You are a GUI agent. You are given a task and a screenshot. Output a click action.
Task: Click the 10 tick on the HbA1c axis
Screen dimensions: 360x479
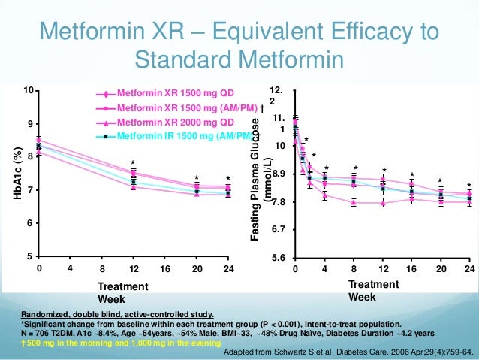29,90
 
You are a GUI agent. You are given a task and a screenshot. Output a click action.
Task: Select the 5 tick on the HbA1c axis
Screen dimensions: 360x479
31,257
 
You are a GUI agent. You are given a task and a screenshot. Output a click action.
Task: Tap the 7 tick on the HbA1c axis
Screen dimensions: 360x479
31,190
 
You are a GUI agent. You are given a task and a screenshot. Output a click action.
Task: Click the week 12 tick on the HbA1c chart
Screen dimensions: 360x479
132,268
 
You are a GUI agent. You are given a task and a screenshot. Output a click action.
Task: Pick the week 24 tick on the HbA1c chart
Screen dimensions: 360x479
228,268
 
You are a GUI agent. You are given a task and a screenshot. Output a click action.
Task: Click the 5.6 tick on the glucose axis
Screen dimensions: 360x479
279,258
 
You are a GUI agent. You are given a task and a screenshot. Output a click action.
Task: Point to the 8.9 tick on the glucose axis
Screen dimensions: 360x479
279,174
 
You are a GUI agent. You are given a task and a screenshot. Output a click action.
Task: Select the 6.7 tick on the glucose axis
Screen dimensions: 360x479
279,229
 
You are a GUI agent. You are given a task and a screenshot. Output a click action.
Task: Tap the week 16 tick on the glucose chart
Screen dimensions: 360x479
411,268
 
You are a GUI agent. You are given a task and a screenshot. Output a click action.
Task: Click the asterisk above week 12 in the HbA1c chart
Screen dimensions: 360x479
132,163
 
